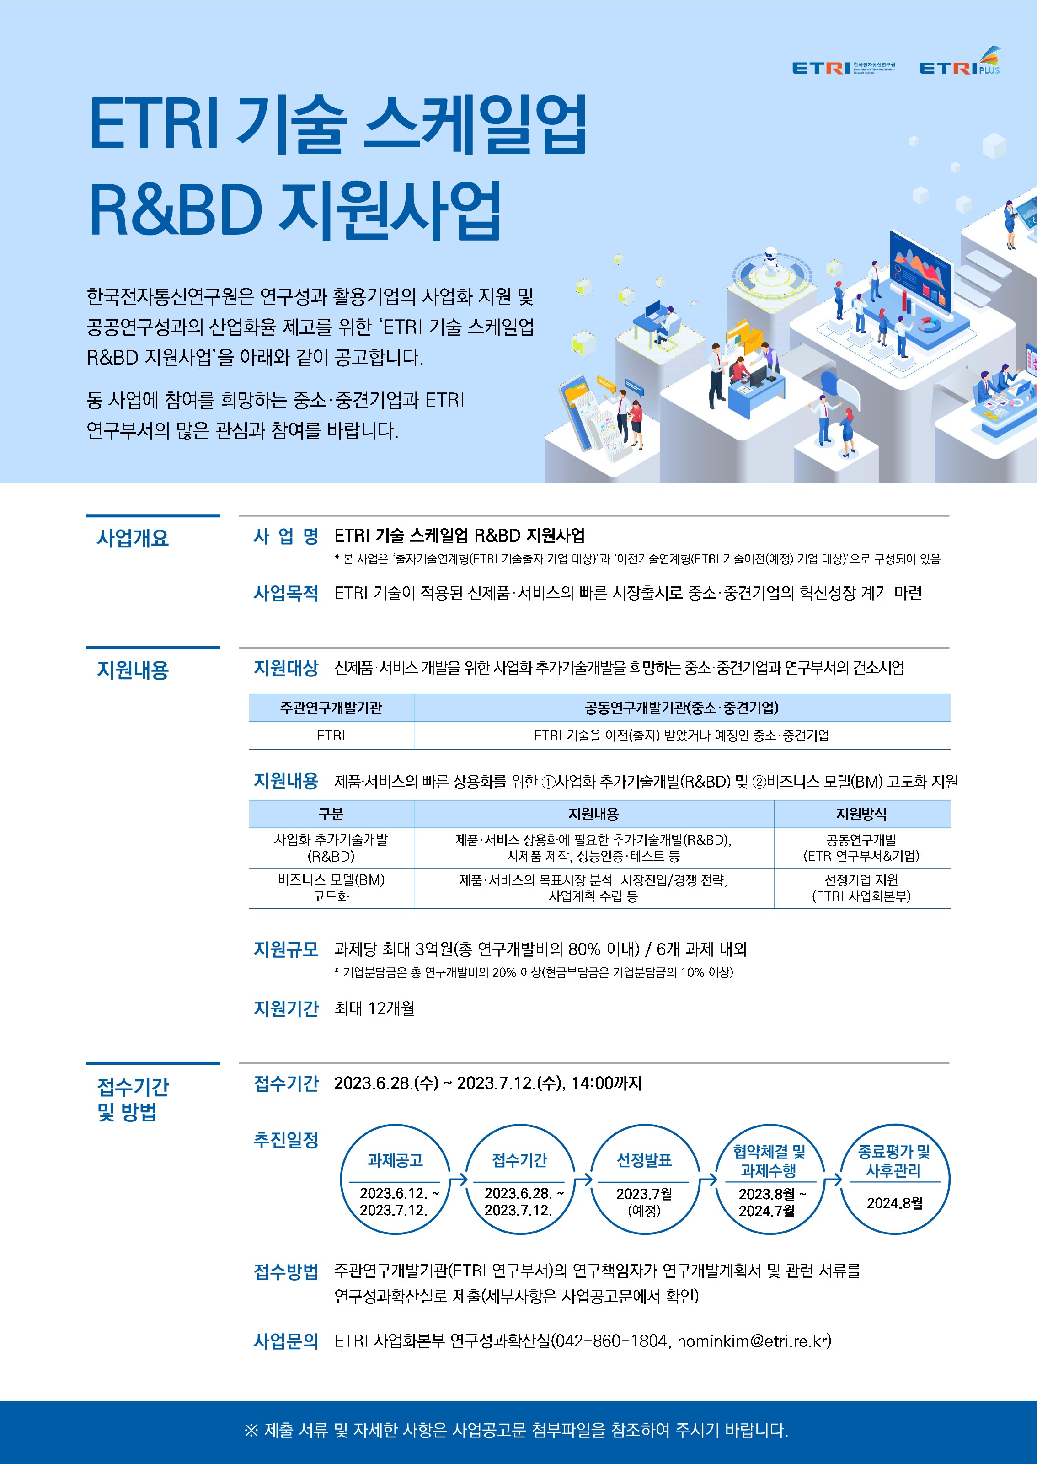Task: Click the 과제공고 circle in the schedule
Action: pos(395,1179)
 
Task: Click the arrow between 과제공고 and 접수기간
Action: pos(459,1179)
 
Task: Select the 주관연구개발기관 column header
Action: pos(331,708)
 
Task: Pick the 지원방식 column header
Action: pos(861,814)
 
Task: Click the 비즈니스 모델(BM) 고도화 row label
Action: pos(331,888)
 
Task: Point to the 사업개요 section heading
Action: pos(133,538)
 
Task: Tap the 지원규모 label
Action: pos(286,949)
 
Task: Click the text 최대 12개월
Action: pos(374,1008)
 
